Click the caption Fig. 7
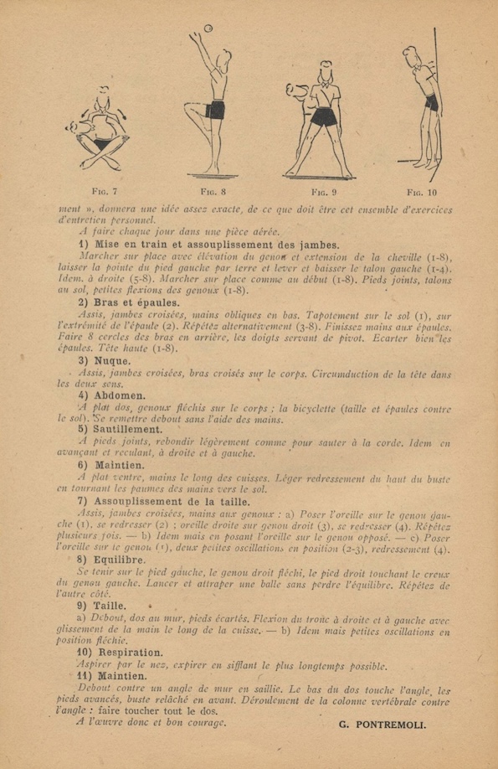105,191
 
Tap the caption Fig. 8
213,191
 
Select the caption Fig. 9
325,192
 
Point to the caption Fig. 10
422,193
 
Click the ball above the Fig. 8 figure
208,28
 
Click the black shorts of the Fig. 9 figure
324,116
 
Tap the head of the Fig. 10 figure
411,56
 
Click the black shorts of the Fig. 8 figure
216,110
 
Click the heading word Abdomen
120,395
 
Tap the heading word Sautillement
128,429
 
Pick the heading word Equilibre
120,560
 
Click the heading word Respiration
131,653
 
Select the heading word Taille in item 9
110,606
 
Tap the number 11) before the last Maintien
85,676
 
